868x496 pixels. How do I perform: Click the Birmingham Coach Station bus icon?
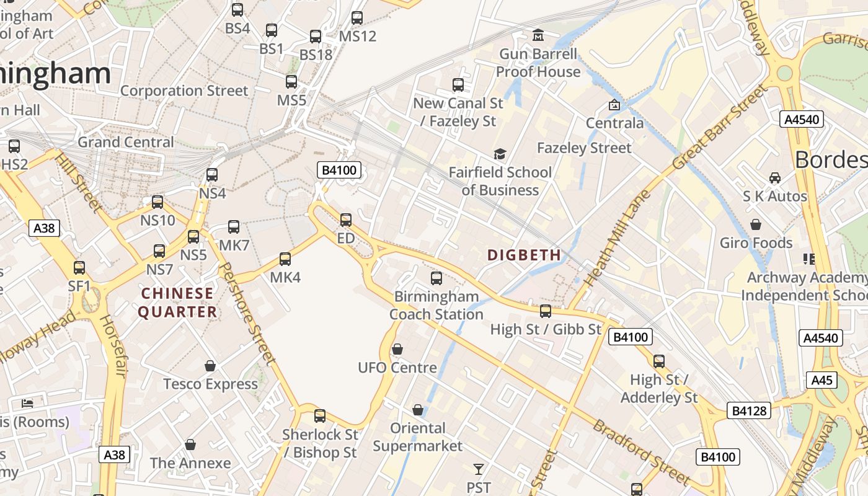[x=436, y=278]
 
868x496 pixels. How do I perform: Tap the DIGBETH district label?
[x=524, y=255]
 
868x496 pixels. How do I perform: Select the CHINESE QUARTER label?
[x=177, y=303]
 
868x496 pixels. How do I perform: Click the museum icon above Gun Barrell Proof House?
[x=538, y=35]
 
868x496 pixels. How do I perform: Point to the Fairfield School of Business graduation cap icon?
[x=500, y=154]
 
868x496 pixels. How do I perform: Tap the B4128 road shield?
[x=749, y=410]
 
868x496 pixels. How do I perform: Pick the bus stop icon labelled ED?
[x=346, y=219]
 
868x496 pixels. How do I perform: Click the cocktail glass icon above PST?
[x=478, y=469]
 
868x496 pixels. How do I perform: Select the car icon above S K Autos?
[x=775, y=178]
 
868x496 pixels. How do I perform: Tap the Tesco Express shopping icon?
[x=210, y=366]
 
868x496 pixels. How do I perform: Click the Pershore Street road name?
[x=247, y=313]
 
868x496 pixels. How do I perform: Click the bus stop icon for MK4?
[x=285, y=259]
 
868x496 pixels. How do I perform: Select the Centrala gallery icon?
[x=614, y=105]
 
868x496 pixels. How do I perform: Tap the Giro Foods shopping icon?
[x=756, y=224]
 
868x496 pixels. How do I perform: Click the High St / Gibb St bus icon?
[x=546, y=311]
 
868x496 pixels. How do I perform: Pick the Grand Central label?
[x=126, y=142]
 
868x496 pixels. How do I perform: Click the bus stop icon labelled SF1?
[x=79, y=267]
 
